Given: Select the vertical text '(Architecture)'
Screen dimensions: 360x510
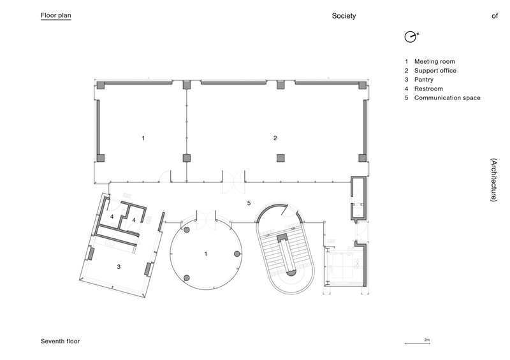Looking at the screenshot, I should tap(493, 180).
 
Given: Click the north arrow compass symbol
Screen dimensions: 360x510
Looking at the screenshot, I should tap(410, 36).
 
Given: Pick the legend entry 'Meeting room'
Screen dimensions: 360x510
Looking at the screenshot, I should tap(434, 61).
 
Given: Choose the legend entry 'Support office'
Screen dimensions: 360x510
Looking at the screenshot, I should tap(435, 70).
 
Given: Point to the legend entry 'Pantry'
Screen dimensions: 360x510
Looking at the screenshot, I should tap(424, 80).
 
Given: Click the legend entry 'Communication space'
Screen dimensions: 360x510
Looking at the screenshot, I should tap(447, 98).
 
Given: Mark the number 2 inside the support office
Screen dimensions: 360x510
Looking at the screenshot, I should tap(275, 138).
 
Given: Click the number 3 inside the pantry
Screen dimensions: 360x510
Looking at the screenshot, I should tap(119, 267).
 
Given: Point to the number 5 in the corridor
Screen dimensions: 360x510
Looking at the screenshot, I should tap(249, 203).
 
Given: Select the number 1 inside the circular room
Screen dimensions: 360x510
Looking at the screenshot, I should tap(206, 254).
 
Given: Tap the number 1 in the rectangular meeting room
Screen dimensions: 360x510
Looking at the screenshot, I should tap(143, 138).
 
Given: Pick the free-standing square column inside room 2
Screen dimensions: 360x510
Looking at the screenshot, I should tap(280, 157).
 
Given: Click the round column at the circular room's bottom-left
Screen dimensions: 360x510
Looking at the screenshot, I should tap(187, 277).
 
